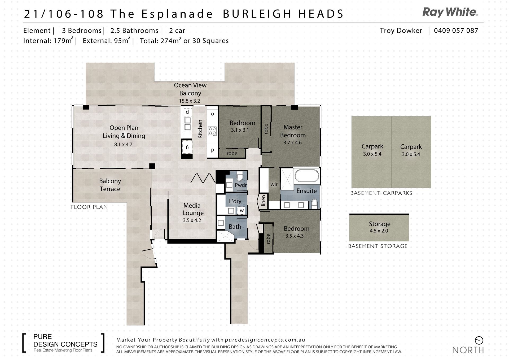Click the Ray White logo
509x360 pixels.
tap(450, 12)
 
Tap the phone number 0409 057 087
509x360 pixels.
tap(456, 31)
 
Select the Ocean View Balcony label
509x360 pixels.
tap(190, 89)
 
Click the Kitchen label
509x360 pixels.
tap(200, 129)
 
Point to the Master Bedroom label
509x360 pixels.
tap(293, 131)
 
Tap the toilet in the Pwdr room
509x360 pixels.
tap(240, 176)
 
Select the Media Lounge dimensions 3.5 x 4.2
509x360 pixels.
tap(192, 220)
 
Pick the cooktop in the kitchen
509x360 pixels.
tap(212, 131)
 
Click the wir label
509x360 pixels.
tap(274, 184)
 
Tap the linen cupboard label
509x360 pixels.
tap(263, 201)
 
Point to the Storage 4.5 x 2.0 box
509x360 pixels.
tap(379, 227)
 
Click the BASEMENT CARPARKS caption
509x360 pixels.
tap(381, 193)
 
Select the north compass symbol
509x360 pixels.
tap(479, 340)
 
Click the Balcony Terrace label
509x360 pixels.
tap(110, 185)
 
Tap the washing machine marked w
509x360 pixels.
tap(242, 211)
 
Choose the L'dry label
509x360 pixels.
tap(235, 201)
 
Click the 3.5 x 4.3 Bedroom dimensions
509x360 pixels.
tap(294, 236)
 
